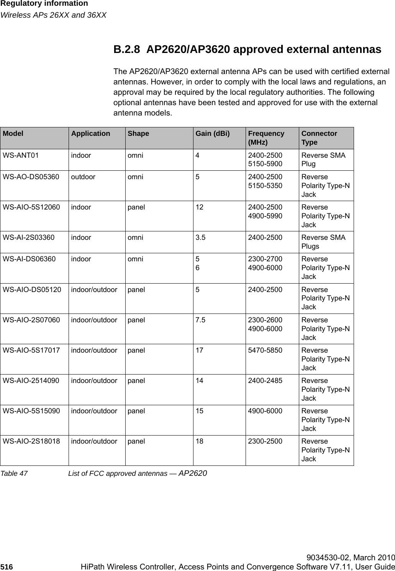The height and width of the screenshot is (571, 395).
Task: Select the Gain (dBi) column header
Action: tap(213, 134)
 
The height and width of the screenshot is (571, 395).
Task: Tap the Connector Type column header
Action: tap(319, 138)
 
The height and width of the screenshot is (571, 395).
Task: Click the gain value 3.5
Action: tap(200, 238)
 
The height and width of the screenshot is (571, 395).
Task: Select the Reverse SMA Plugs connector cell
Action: tap(323, 242)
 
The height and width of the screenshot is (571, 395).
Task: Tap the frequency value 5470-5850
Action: tap(265, 350)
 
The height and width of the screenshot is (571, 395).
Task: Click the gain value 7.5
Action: tap(200, 320)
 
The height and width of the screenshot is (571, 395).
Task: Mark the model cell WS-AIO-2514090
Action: tap(31, 381)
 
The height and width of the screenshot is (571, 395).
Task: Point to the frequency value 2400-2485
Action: tap(265, 381)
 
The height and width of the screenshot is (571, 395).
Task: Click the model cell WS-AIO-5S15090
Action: tap(31, 411)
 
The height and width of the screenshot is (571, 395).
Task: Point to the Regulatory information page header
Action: tap(44, 4)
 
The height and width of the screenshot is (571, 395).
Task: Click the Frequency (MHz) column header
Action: tap(266, 138)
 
